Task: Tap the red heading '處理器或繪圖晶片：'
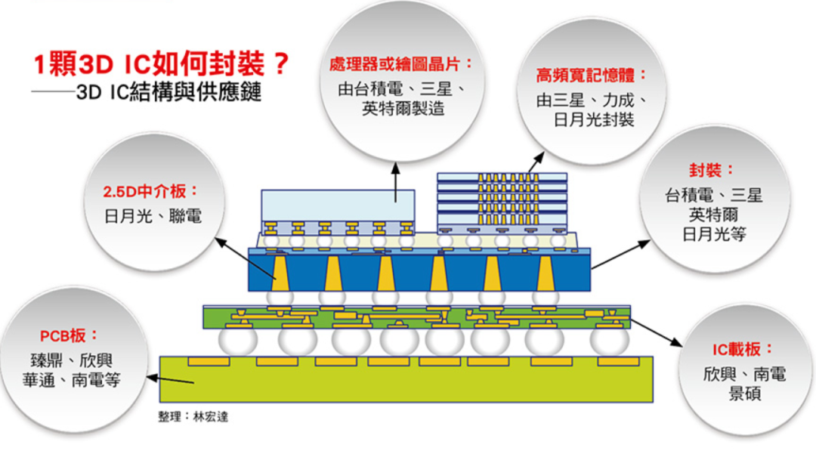click(400, 63)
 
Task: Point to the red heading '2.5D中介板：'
click(152, 191)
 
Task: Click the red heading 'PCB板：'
click(69, 335)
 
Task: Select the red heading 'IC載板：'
click(743, 349)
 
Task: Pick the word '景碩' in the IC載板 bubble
click(744, 394)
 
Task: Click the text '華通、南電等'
click(71, 379)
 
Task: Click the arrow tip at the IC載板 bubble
click(677, 344)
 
